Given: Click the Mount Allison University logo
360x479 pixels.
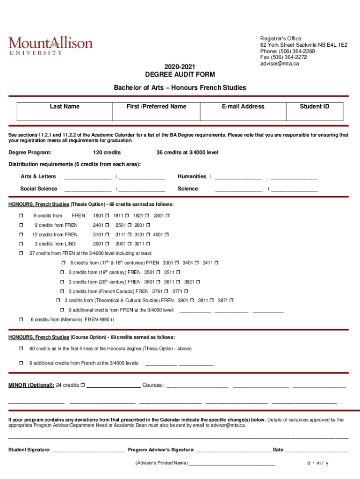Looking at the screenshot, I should pos(50,45).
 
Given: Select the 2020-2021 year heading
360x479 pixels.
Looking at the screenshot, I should pos(180,66).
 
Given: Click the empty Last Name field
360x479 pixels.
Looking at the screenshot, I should pos(65,115).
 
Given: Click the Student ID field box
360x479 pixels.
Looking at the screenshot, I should pos(314,115).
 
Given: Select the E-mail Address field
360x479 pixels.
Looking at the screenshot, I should pos(243,115).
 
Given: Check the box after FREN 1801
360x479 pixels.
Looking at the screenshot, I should pos(107,216).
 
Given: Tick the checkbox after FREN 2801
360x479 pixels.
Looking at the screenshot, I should pos(167,216).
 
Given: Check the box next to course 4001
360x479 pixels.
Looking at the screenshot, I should pos(166,234).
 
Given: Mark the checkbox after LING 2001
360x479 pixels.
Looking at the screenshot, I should pos(107,244).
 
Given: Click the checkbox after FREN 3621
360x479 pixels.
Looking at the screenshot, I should pos(198,282).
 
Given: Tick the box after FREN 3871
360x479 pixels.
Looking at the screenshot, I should pos(231,301).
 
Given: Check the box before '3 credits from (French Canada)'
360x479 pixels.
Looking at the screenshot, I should pos(62,291).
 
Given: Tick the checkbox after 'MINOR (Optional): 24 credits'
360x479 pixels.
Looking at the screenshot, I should pos(82,385).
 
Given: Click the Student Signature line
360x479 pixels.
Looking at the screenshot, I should pos(88,450).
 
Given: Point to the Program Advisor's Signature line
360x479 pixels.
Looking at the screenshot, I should pos(233,450).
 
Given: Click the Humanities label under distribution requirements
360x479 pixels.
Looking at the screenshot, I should pos(192,176).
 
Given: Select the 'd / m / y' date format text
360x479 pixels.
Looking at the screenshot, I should pos(318,463).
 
